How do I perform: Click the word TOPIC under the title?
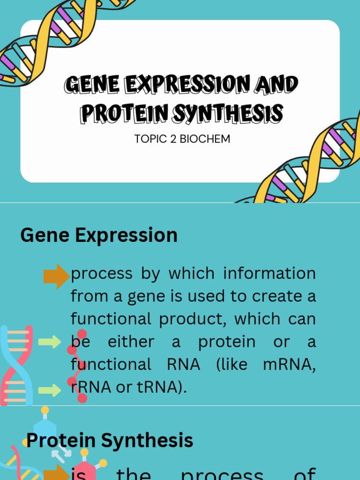pyautogui.click(x=149, y=139)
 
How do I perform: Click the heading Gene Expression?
pyautogui.click(x=99, y=235)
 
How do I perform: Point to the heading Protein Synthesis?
pyautogui.click(x=110, y=441)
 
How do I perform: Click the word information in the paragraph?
pyautogui.click(x=269, y=273)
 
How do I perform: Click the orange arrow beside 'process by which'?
pyautogui.click(x=56, y=276)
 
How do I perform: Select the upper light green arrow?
pyautogui.click(x=50, y=342)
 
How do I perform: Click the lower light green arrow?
pyautogui.click(x=50, y=390)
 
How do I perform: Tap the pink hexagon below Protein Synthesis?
pyautogui.click(x=85, y=467)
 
